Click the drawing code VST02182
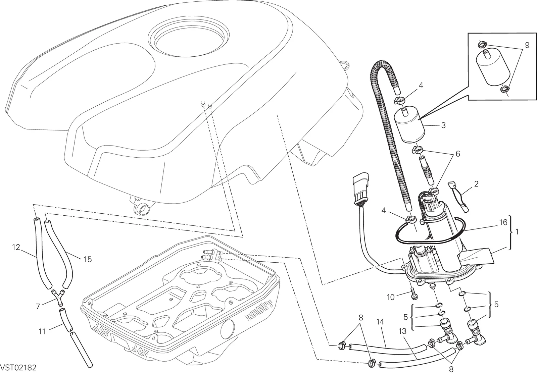tap(18, 368)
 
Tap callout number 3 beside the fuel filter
tap(443, 125)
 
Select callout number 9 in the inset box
tap(527, 45)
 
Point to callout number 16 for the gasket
tap(503, 222)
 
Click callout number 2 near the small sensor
tap(476, 184)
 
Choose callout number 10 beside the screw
tap(391, 297)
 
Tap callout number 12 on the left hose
tap(16, 247)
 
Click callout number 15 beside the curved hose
tap(88, 259)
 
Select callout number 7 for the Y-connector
tap(38, 307)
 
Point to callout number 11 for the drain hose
tap(42, 332)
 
